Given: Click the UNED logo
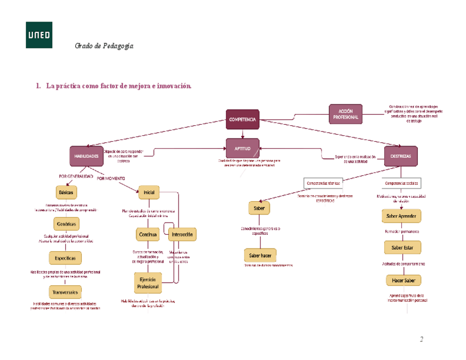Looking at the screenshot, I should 39,35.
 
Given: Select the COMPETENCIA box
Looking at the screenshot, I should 242,119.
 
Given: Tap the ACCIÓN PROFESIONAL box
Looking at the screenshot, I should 346,114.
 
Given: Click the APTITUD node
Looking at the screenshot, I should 242,148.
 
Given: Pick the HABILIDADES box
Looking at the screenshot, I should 87,156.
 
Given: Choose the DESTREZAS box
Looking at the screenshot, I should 401,156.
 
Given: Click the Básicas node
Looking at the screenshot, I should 66,192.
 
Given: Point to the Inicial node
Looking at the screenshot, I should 149,192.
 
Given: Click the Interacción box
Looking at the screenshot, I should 182,235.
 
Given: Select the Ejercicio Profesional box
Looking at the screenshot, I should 148,283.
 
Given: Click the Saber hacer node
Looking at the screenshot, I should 260,255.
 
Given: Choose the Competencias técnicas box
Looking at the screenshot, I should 323,183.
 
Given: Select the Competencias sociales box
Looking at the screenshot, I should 402,183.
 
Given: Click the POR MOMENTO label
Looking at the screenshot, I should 110,179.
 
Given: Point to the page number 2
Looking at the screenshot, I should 421,339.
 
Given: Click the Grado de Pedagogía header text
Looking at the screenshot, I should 104,46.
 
